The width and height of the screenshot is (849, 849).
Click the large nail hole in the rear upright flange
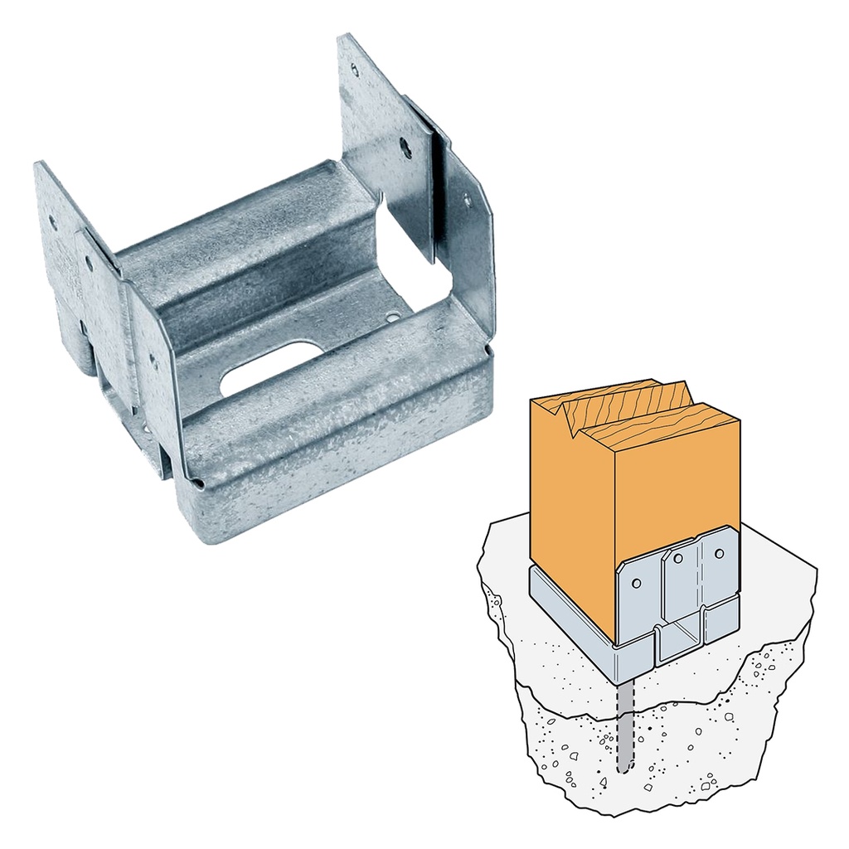405,149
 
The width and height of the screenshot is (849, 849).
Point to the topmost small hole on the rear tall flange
354,70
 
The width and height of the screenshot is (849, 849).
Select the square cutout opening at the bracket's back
415,249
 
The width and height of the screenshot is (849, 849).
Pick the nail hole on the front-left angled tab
154,361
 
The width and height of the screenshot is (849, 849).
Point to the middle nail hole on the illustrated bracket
677,558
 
